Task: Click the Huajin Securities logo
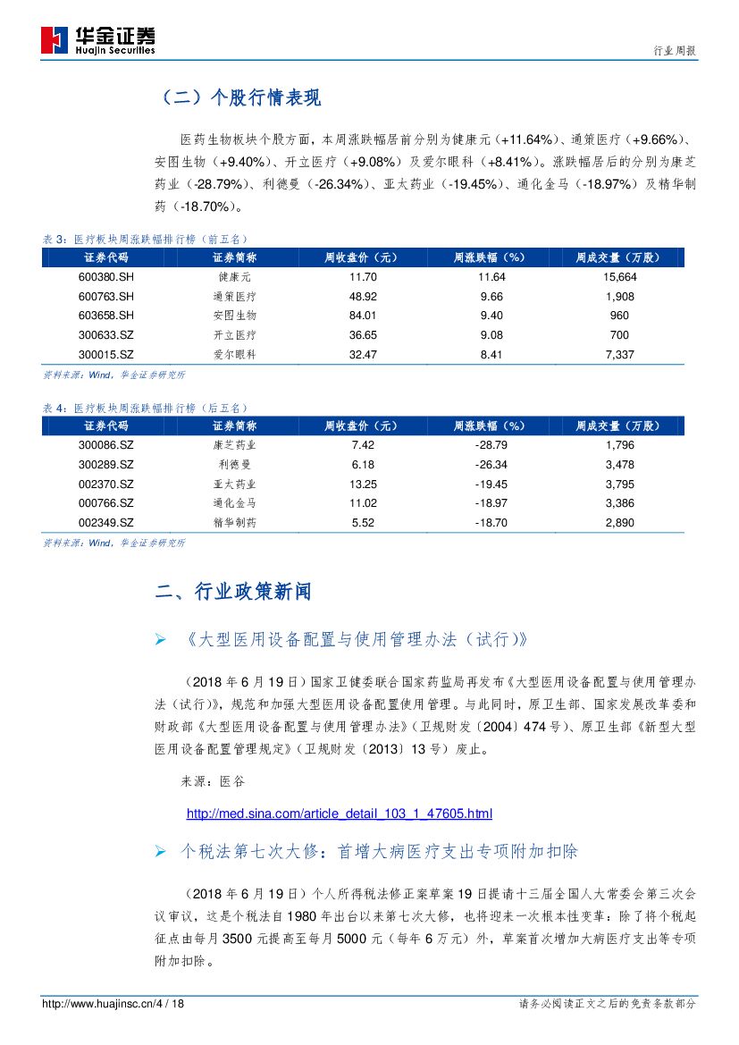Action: [x=98, y=40]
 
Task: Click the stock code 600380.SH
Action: [x=105, y=278]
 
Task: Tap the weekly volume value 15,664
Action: [x=619, y=278]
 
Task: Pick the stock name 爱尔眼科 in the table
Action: [x=235, y=354]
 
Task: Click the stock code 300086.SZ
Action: [x=105, y=445]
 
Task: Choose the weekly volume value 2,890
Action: [x=619, y=522]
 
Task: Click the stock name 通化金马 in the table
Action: [x=235, y=503]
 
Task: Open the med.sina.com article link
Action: [x=339, y=813]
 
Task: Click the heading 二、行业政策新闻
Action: [x=233, y=592]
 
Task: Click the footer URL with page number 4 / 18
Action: [x=113, y=1004]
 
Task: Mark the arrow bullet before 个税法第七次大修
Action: [x=160, y=852]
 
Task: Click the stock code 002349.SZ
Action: [x=105, y=522]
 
